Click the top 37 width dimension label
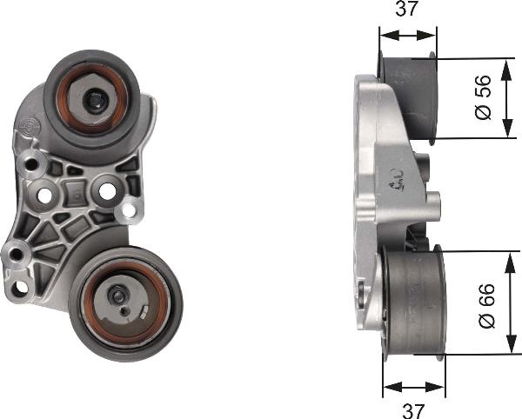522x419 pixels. pos(407,10)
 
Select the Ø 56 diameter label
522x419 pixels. pos(485,97)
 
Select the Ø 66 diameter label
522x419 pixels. pos(487,305)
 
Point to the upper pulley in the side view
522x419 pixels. pos(410,96)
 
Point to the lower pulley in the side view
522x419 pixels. pos(414,304)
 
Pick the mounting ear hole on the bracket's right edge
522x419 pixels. pos(130,209)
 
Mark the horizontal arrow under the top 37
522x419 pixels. pos(407,36)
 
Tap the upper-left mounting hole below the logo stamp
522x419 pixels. pos(33,162)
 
